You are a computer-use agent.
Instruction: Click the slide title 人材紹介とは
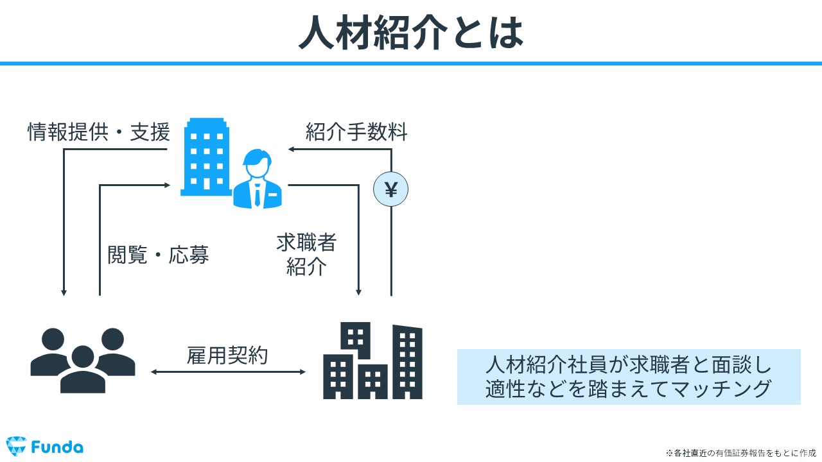click(411, 32)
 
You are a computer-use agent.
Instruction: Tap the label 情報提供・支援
click(99, 132)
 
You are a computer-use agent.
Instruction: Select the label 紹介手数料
click(356, 132)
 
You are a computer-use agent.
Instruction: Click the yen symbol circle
click(391, 189)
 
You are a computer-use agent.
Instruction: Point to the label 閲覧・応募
click(158, 255)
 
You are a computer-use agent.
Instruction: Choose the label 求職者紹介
click(306, 254)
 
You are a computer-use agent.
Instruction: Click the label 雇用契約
click(227, 355)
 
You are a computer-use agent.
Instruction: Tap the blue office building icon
click(206, 157)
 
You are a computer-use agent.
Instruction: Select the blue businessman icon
click(258, 178)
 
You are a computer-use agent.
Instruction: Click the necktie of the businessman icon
click(258, 194)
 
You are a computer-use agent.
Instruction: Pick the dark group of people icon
click(83, 361)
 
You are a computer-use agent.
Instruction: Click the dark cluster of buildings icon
click(372, 361)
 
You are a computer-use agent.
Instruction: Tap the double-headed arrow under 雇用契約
click(228, 372)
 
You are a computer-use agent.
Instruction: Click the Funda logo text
click(57, 447)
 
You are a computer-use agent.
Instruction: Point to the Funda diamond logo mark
click(16, 446)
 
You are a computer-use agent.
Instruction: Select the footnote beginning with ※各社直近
click(741, 453)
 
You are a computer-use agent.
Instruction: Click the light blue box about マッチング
click(629, 377)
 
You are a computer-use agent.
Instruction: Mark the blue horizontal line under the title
click(411, 64)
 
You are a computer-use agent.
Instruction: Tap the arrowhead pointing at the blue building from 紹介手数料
click(292, 150)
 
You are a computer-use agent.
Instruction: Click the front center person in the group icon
click(83, 370)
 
